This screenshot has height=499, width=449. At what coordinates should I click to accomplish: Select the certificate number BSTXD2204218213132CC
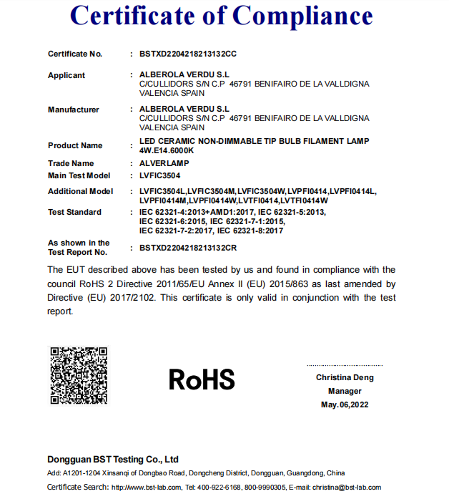[188, 54]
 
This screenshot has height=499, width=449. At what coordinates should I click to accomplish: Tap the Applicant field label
[66, 76]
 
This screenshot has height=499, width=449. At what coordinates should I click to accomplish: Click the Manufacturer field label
[74, 110]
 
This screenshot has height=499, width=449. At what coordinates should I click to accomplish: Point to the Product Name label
[75, 146]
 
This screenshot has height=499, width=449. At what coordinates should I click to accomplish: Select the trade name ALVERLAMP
[164, 164]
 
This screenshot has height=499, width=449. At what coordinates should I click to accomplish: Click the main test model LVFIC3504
[160, 175]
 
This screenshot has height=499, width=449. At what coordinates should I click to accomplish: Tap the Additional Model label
[81, 192]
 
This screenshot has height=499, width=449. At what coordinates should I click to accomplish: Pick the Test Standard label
[75, 213]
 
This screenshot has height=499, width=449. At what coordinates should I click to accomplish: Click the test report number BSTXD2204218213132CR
[188, 248]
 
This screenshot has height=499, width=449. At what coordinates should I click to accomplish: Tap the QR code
[78, 376]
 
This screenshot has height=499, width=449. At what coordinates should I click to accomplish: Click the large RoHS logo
[202, 379]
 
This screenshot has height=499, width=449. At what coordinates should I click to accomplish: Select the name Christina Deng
[345, 378]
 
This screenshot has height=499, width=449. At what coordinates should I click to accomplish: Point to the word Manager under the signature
[345, 392]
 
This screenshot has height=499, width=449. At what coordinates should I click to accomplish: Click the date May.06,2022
[345, 405]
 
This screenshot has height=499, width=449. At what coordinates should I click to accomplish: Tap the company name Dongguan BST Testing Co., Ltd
[113, 460]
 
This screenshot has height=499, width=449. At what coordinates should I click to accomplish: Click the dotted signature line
[345, 365]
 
